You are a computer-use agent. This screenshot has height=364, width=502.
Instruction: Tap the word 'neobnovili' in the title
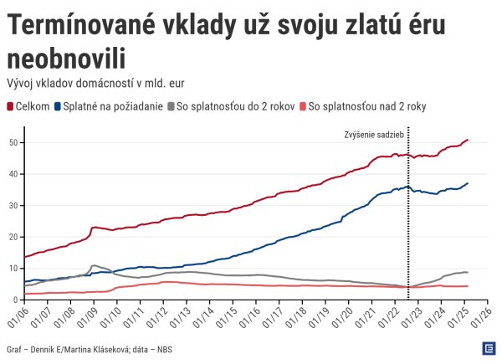pyautogui.click(x=66, y=59)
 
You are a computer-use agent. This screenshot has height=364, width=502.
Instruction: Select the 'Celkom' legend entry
pyautogui.click(x=28, y=106)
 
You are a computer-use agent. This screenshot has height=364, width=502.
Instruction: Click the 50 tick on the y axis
pyautogui.click(x=13, y=142)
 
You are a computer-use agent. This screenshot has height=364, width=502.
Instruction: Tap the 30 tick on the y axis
pyautogui.click(x=13, y=205)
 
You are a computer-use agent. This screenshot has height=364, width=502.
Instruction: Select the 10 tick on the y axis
pyautogui.click(x=13, y=268)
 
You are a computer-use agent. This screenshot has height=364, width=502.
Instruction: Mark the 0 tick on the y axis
pyautogui.click(x=16, y=300)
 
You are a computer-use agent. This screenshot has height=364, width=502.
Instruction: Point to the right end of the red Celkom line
pyautogui.click(x=468, y=140)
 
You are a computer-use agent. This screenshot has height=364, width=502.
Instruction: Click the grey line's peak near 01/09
pyautogui.click(x=94, y=265)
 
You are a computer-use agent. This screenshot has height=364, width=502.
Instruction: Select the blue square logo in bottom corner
pyautogui.click(x=488, y=348)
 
